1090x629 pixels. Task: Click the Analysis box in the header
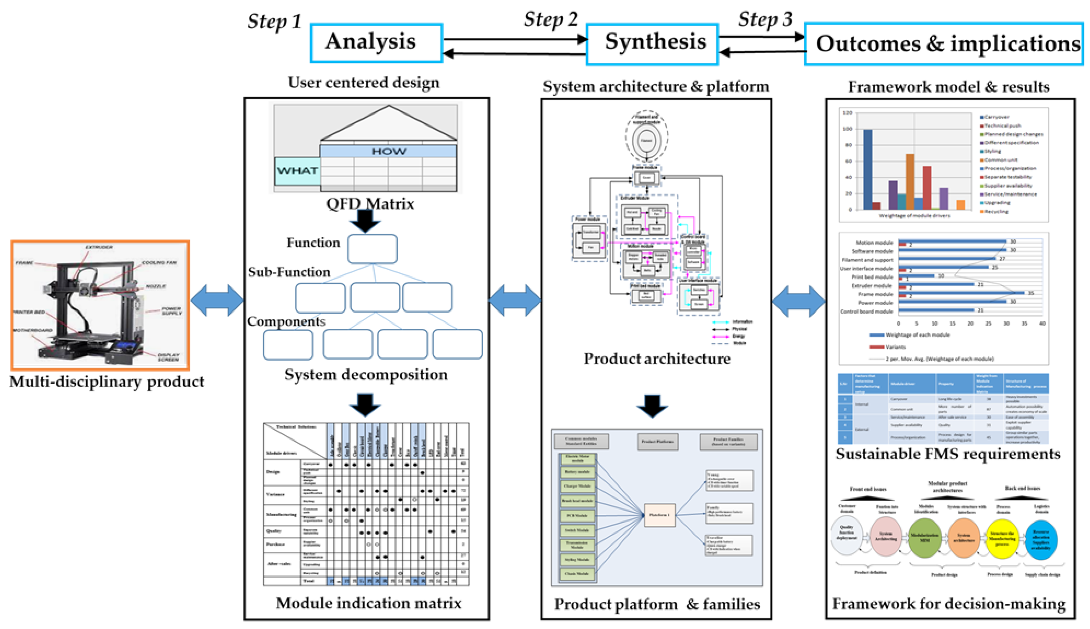coord(376,42)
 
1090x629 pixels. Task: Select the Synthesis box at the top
coord(652,43)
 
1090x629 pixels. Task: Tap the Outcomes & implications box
coord(944,44)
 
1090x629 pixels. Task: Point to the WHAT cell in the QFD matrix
coord(297,171)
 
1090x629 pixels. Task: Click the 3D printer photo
coord(100,305)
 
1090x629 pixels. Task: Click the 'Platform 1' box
coord(659,514)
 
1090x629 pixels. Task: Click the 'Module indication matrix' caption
coord(368,603)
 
